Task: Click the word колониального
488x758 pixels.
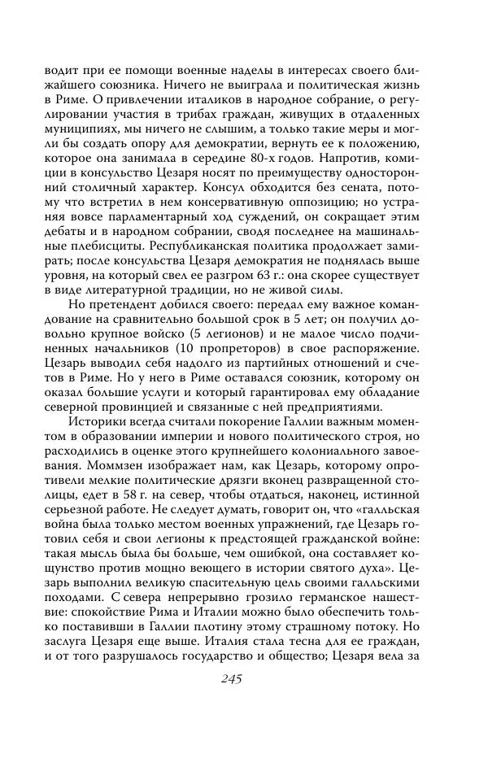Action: [x=360, y=456]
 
